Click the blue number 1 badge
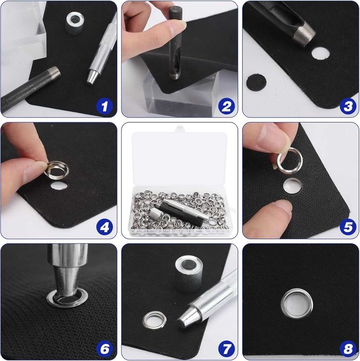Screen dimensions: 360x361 click(x=105, y=106)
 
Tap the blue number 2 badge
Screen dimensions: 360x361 click(x=226, y=106)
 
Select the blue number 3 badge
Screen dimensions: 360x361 click(x=348, y=106)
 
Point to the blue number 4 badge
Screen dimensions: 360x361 click(x=105, y=227)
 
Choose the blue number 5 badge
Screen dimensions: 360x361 click(x=348, y=227)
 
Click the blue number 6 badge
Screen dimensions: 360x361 click(x=105, y=349)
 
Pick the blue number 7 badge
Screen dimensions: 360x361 click(x=226, y=349)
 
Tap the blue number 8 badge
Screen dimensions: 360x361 click(x=348, y=349)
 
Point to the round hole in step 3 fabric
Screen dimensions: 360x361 click(x=320, y=53)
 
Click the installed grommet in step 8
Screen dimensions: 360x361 click(x=297, y=303)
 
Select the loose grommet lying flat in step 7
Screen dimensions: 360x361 click(x=155, y=320)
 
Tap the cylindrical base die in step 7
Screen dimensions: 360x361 click(x=188, y=273)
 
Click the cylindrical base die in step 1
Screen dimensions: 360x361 click(x=75, y=23)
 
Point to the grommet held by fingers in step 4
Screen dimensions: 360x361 click(x=57, y=170)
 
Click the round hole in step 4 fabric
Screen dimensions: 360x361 click(x=59, y=186)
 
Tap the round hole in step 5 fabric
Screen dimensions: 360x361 click(x=292, y=186)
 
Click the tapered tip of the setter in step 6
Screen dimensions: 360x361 click(x=67, y=283)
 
